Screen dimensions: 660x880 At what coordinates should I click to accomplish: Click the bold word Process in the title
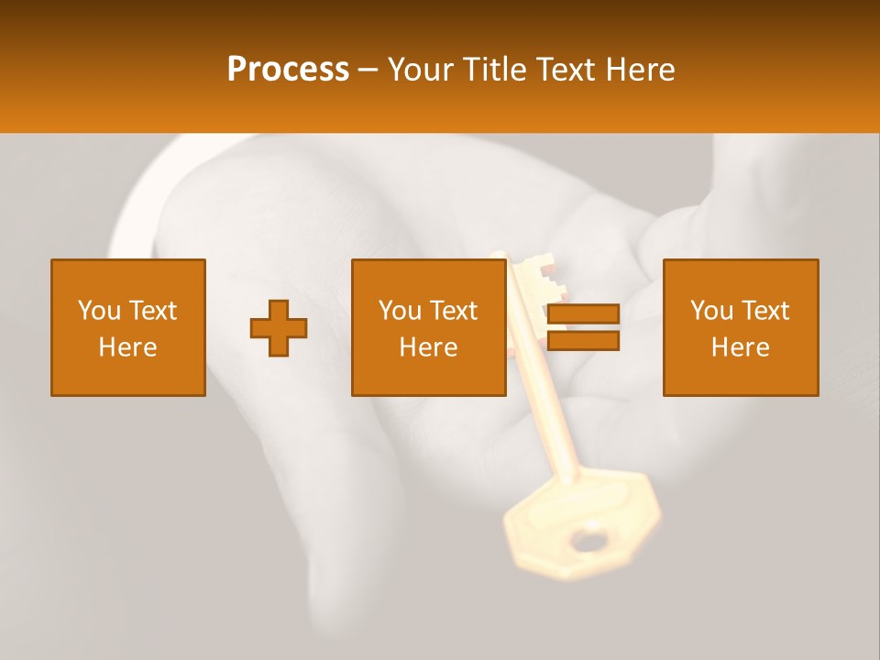coord(288,70)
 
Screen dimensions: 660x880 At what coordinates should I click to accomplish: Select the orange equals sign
coord(583,328)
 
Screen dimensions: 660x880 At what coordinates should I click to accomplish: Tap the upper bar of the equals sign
coord(583,315)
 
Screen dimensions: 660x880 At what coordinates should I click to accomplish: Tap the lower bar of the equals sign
coord(583,341)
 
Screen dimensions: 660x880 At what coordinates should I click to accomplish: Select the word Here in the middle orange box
coord(428,347)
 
